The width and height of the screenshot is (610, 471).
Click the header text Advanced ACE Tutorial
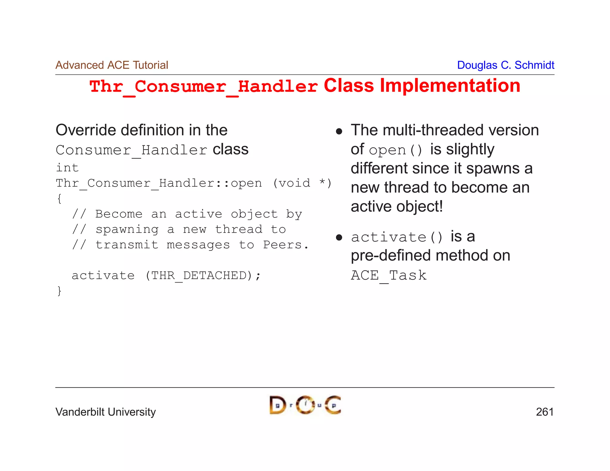tap(112, 65)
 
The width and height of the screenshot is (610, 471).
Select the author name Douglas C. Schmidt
tap(505, 65)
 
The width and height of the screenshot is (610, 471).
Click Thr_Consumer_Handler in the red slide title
tap(203, 87)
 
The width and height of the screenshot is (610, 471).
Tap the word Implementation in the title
tap(450, 86)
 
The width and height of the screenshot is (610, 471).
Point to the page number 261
tap(544, 412)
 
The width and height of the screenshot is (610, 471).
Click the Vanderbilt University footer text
tap(105, 412)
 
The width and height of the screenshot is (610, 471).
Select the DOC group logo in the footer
tap(305, 405)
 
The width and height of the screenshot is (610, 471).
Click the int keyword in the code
tap(67, 168)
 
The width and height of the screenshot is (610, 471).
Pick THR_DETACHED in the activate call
tap(199, 275)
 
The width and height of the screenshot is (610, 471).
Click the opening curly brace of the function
tap(59, 199)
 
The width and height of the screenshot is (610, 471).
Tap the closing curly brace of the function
tap(59, 291)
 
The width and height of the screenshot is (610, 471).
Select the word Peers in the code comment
tap(282, 245)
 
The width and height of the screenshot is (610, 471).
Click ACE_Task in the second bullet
tap(388, 275)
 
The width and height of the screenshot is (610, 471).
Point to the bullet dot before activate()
tap(339, 237)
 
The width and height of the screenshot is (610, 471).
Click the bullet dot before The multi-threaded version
tap(339, 131)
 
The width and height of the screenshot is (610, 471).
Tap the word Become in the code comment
tap(119, 214)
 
